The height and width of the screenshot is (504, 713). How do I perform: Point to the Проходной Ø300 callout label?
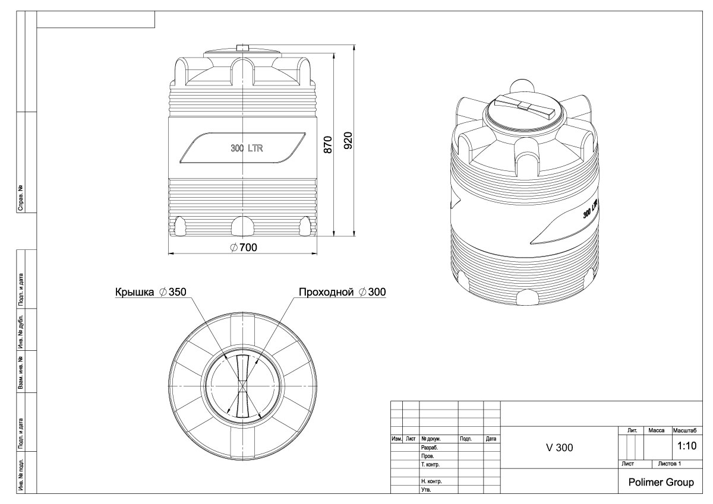[x=342, y=292]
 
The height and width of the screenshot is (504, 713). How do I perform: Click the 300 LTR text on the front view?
[x=247, y=148]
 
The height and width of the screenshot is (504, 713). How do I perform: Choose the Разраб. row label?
[x=429, y=448]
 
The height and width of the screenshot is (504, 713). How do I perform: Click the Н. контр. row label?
[x=431, y=481]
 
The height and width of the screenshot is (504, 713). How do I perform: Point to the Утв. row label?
[x=425, y=490]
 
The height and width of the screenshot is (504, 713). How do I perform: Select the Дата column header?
[x=491, y=439]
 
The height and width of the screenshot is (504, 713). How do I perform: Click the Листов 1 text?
[x=668, y=462]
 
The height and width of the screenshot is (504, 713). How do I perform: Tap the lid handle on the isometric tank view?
[x=523, y=106]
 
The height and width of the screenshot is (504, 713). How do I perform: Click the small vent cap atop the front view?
[x=242, y=47]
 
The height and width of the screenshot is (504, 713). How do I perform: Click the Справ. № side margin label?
[x=21, y=199]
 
